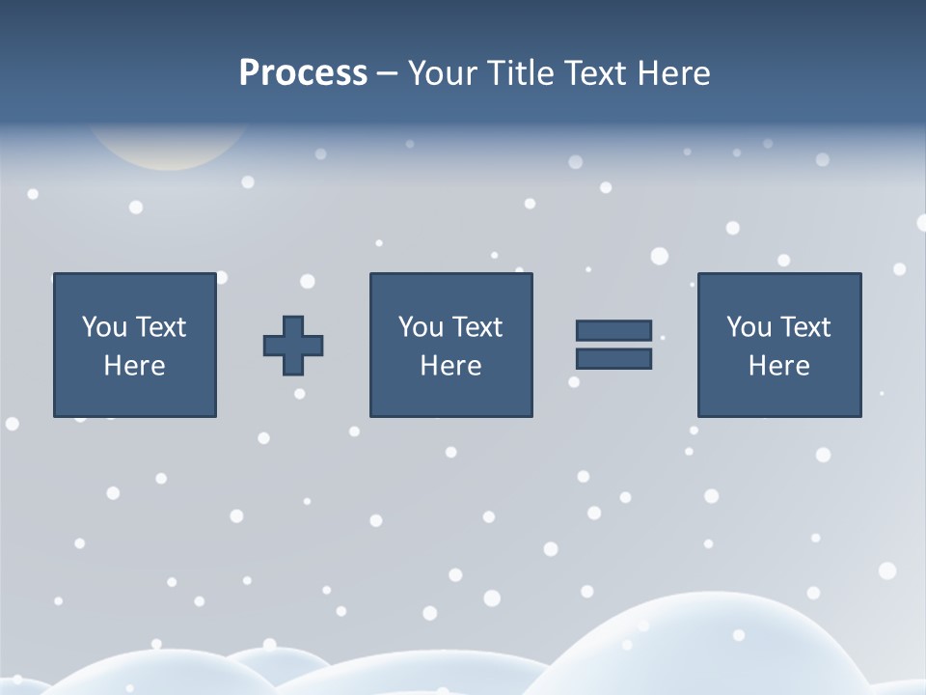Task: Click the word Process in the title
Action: coord(303,73)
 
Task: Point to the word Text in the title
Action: coord(591,73)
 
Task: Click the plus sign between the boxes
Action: coord(293,346)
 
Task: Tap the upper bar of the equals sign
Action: coord(613,331)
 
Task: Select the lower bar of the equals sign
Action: coord(613,358)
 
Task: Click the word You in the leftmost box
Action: coord(104,327)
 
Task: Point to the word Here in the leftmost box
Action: coord(134,366)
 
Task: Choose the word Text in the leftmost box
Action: coord(160,327)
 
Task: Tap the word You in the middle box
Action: coord(421,327)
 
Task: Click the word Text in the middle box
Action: coord(477,327)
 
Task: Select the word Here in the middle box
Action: coord(450,366)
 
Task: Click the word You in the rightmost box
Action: coord(749,327)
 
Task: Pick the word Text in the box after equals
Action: coord(804,327)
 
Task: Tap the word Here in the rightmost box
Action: coord(778,366)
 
